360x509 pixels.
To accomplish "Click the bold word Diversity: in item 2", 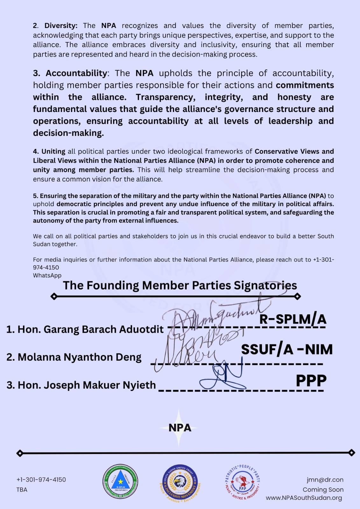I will tap(61, 26).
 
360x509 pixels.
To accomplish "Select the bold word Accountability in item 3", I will tap(76, 73).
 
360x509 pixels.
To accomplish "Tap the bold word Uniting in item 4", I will tap(53, 151).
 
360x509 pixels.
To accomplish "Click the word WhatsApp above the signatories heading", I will tap(47, 275).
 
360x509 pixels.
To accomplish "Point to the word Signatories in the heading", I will tap(265, 285).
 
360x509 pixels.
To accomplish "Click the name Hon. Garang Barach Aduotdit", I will tap(85, 329).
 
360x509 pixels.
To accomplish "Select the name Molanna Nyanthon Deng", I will tap(74, 357).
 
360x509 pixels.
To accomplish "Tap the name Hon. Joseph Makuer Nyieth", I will tap(81, 385).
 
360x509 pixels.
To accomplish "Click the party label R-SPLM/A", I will tap(293, 319).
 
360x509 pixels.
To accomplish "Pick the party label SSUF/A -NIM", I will tap(287, 349).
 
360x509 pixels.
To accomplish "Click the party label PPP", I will tap(311, 380).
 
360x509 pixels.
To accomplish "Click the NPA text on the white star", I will tap(180, 428).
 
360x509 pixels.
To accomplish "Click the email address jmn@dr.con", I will tap(325, 480).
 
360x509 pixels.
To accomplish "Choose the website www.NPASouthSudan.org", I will tap(304, 498).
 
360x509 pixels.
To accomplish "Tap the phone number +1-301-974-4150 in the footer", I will tap(41, 480).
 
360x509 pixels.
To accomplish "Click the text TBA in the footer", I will tap(22, 490).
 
